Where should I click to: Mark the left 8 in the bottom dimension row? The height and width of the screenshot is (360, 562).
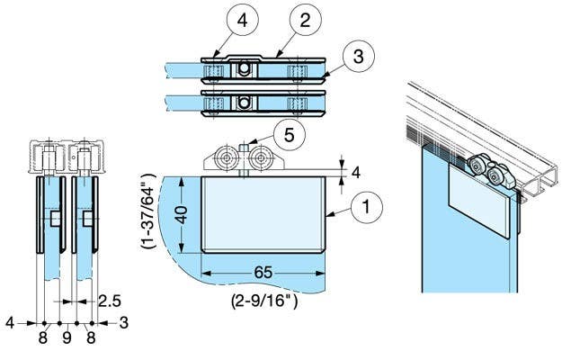coord(42,337)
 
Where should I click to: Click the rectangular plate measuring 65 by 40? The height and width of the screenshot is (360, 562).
coord(261,214)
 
